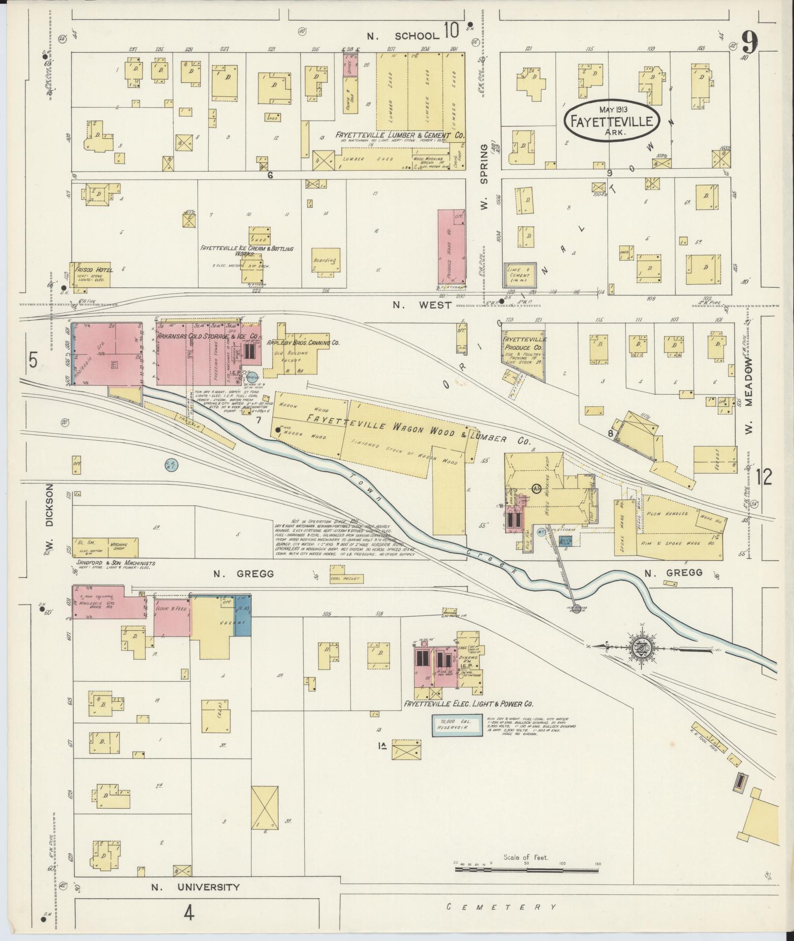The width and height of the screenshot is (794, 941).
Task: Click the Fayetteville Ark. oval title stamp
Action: (x=612, y=121)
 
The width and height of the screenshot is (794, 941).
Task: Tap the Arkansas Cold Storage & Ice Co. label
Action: (x=208, y=336)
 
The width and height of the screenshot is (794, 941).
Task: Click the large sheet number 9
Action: (x=750, y=43)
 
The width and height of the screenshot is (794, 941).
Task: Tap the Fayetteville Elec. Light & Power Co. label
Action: (x=468, y=704)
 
